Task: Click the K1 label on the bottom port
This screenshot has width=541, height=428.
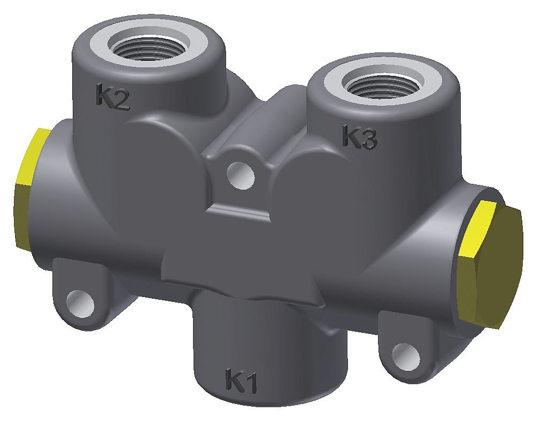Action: [x=242, y=381]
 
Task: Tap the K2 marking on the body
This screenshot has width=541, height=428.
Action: [x=112, y=97]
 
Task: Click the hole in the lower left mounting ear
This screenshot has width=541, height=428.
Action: [x=80, y=300]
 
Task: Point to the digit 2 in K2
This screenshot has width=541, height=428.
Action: [x=121, y=100]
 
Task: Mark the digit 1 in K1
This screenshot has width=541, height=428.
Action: [x=251, y=383]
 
